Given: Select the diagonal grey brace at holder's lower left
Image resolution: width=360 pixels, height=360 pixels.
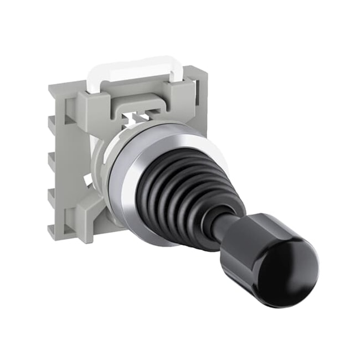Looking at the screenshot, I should coord(83,213).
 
